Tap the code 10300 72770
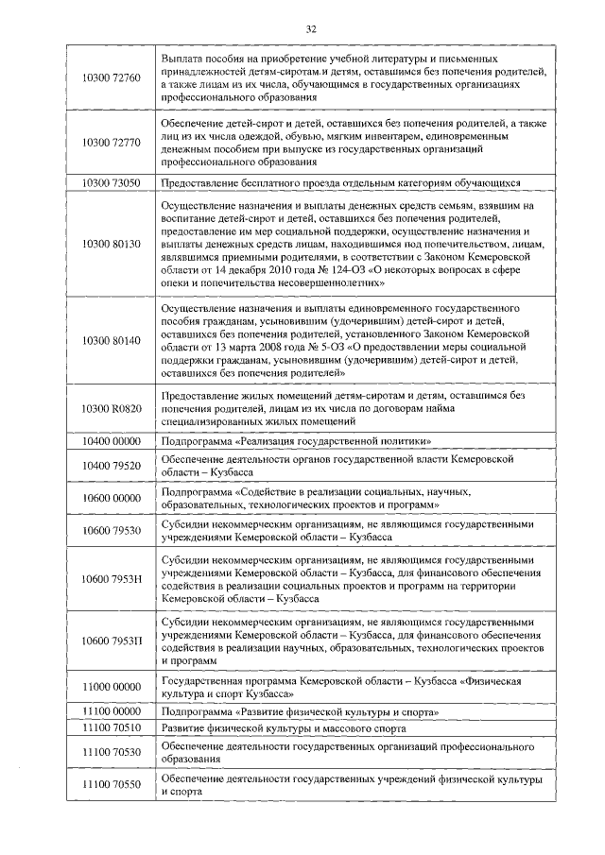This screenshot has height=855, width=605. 112,143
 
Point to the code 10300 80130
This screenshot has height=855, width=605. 112,244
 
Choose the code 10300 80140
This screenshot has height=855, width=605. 112,340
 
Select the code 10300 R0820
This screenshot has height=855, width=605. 112,408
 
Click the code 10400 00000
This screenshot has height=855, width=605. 112,442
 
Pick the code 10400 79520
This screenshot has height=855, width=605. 112,465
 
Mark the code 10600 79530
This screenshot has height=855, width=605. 112,530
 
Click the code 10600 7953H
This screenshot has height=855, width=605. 112,578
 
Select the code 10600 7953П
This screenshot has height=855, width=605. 112,641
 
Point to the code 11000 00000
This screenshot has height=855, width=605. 112,688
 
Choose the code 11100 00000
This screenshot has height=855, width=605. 112,711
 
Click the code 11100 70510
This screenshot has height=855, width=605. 112,729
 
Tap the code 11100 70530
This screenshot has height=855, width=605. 112,753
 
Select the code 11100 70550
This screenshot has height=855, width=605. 112,785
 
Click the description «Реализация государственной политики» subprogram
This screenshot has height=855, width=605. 298,442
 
